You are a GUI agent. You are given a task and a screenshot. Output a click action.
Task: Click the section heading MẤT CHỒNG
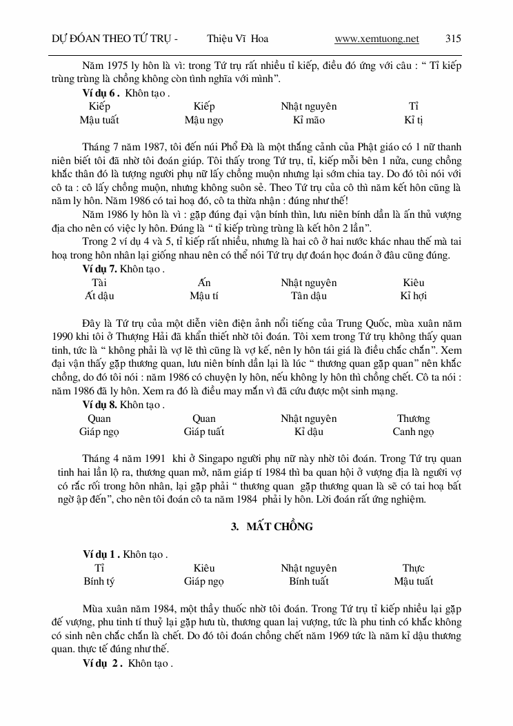[272, 527]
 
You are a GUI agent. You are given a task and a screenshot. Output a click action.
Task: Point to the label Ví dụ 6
[101, 92]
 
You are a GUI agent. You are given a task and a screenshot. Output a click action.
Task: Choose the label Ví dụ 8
[101, 405]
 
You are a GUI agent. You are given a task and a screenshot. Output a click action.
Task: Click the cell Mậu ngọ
[204, 120]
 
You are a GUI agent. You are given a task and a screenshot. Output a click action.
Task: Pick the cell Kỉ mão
[308, 120]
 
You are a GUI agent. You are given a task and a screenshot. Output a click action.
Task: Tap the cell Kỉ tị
[413, 120]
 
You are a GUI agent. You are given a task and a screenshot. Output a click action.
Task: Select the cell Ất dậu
[99, 296]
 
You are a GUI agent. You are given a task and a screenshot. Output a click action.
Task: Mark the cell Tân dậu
[308, 296]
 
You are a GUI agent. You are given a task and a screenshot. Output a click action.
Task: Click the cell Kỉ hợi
[413, 296]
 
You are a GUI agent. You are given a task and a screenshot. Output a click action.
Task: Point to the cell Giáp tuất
[204, 432]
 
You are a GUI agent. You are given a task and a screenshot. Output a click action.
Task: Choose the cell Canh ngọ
[413, 432]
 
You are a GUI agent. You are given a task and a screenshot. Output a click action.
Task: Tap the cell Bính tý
[99, 581]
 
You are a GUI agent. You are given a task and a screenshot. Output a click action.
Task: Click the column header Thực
[413, 568]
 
